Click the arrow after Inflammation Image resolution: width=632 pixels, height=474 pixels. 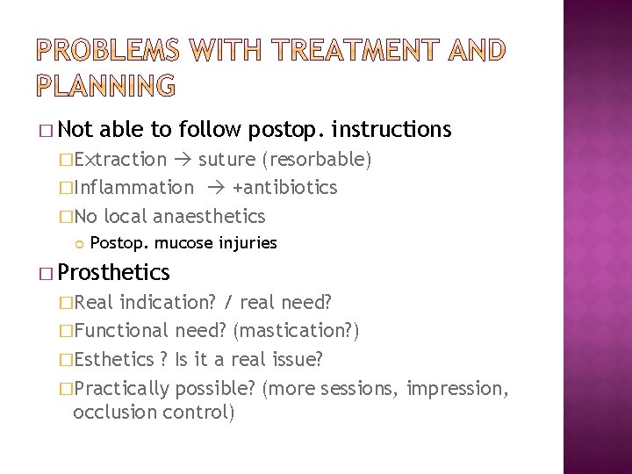coord(215,188)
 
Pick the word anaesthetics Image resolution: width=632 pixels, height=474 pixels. coord(208,216)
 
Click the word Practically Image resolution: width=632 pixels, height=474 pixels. coord(122,387)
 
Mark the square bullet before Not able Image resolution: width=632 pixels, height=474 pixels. coord(59,132)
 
